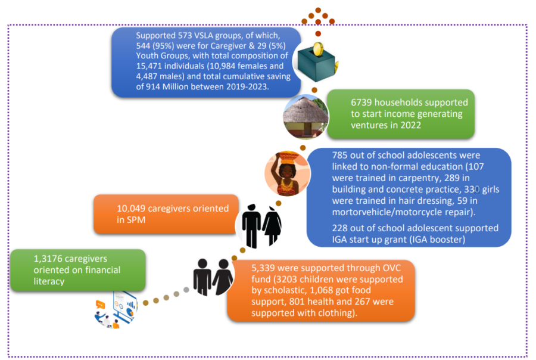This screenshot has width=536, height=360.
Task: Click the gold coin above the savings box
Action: [x=318, y=49]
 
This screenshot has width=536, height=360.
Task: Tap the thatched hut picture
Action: [x=306, y=117]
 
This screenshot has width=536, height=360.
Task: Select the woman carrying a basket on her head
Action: [x=287, y=173]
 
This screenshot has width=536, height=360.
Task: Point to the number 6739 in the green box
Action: [x=362, y=103]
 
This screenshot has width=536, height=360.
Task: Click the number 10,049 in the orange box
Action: [x=131, y=209]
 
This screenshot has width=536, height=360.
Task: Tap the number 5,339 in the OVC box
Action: [x=263, y=268]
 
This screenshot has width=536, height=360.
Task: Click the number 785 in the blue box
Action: [x=340, y=156]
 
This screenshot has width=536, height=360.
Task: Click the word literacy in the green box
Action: [x=49, y=281]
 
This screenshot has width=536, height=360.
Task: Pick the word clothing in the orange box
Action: [x=335, y=313]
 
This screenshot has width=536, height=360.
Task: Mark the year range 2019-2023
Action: [x=247, y=86]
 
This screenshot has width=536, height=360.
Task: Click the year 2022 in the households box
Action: [x=410, y=125]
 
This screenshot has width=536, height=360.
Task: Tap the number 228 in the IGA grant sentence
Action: [x=340, y=228]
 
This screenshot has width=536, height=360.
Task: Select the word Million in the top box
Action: [x=175, y=86]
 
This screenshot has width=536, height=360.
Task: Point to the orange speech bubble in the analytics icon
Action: [x=100, y=304]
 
